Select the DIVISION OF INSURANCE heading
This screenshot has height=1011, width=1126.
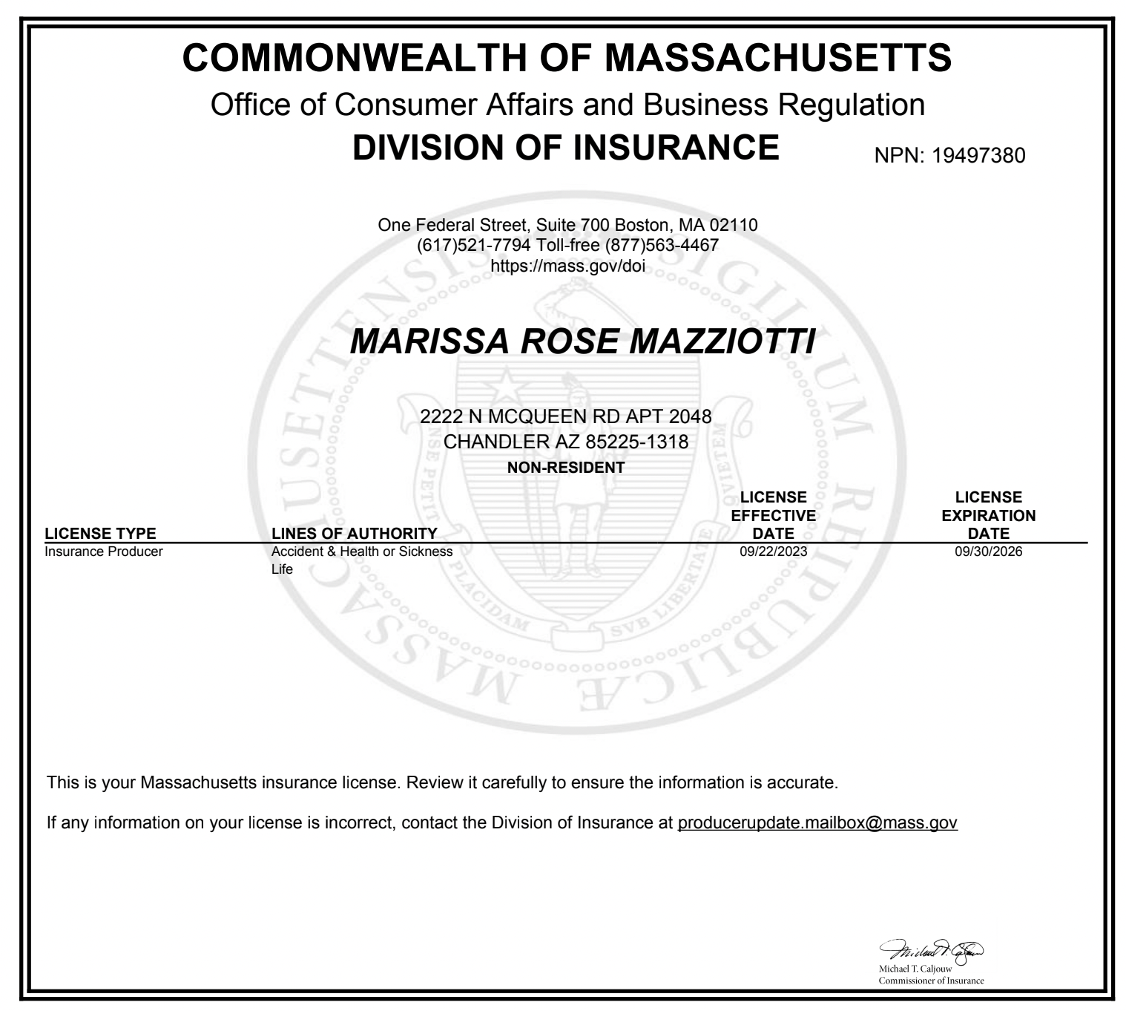point(565,147)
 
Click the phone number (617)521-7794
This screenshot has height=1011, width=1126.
point(474,245)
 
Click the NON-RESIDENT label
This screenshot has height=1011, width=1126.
point(565,468)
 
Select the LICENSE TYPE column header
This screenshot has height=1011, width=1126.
point(100,534)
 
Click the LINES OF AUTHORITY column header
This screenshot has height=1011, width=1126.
point(355,534)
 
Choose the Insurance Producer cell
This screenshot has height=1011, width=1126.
point(104,552)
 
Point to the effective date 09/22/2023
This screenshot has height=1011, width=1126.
point(774,552)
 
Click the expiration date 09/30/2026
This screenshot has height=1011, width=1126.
point(989,552)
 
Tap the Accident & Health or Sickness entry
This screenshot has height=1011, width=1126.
point(362,552)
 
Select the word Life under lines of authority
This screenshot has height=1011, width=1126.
point(282,569)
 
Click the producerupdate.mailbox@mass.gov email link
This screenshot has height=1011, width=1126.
point(817,823)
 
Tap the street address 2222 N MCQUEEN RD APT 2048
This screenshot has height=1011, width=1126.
point(565,417)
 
